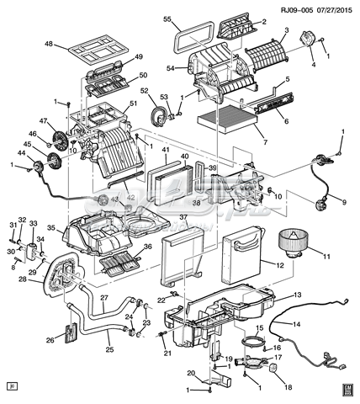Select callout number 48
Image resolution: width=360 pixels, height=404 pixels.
[49, 44]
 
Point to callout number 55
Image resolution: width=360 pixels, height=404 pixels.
[167, 19]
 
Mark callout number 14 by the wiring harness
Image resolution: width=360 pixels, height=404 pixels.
[296, 323]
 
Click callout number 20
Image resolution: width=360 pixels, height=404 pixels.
[191, 374]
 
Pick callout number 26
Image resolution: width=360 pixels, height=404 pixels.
[50, 341]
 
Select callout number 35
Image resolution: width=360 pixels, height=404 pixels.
[50, 227]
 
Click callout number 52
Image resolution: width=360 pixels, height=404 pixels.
[145, 91]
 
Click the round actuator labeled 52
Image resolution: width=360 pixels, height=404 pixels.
[157, 112]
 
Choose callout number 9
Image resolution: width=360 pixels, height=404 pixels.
[343, 201]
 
